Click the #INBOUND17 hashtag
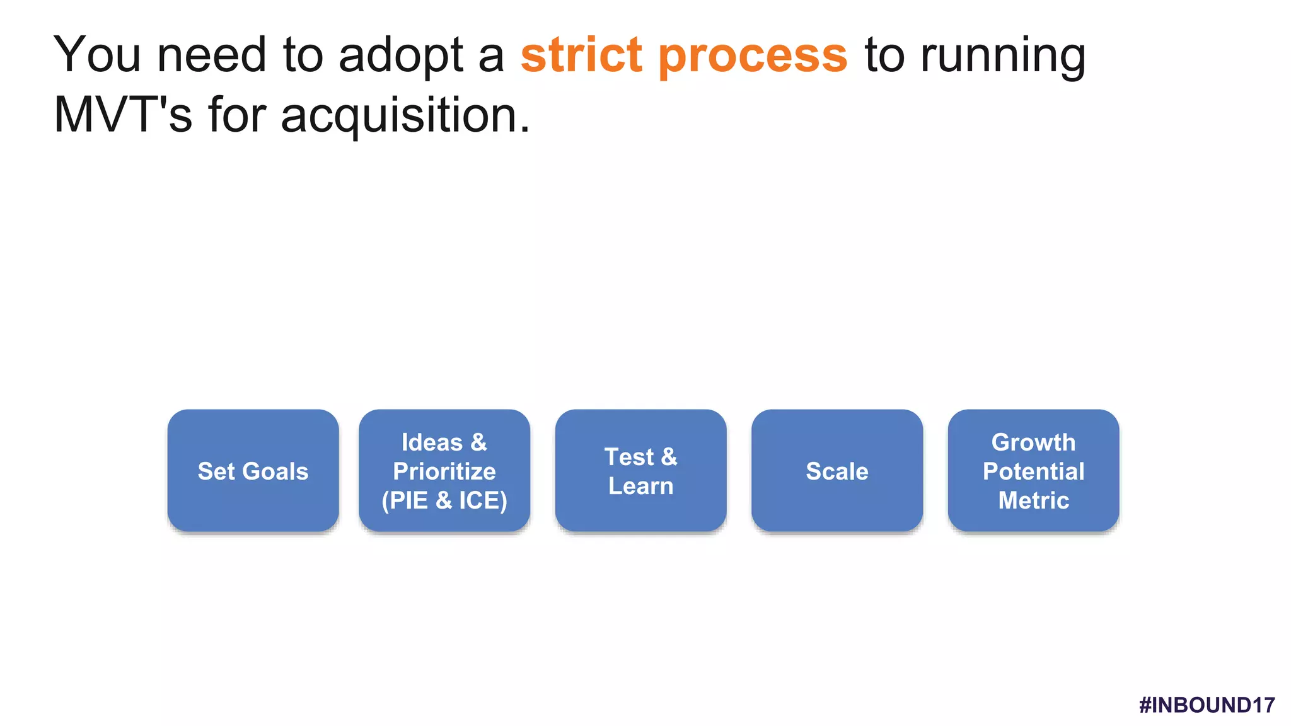pyautogui.click(x=1207, y=705)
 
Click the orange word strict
pyautogui.click(x=581, y=55)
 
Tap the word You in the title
pyautogui.click(x=97, y=55)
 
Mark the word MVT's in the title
pyautogui.click(x=123, y=115)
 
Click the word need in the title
pyautogui.click(x=212, y=55)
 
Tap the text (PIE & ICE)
pyautogui.click(x=444, y=500)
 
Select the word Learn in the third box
pyautogui.click(x=640, y=486)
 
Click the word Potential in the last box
pyautogui.click(x=1033, y=471)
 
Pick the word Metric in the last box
pyautogui.click(x=1033, y=500)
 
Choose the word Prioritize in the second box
pyautogui.click(x=444, y=471)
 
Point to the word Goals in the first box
pyautogui.click(x=275, y=471)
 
